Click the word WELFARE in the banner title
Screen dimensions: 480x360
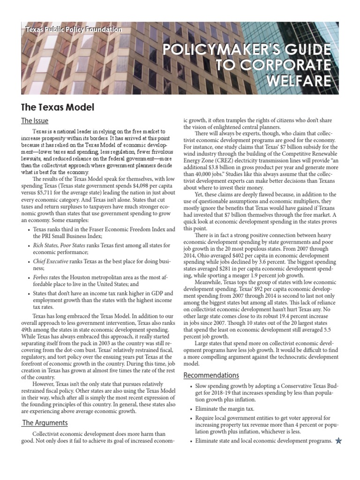(305, 81)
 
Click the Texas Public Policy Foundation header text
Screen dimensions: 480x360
(74, 30)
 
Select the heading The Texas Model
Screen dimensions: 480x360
(58, 107)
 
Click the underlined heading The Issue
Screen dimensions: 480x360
(35, 121)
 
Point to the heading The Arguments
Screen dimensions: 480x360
(45, 423)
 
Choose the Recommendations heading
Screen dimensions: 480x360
(211, 375)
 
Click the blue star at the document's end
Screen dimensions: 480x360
(339, 441)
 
